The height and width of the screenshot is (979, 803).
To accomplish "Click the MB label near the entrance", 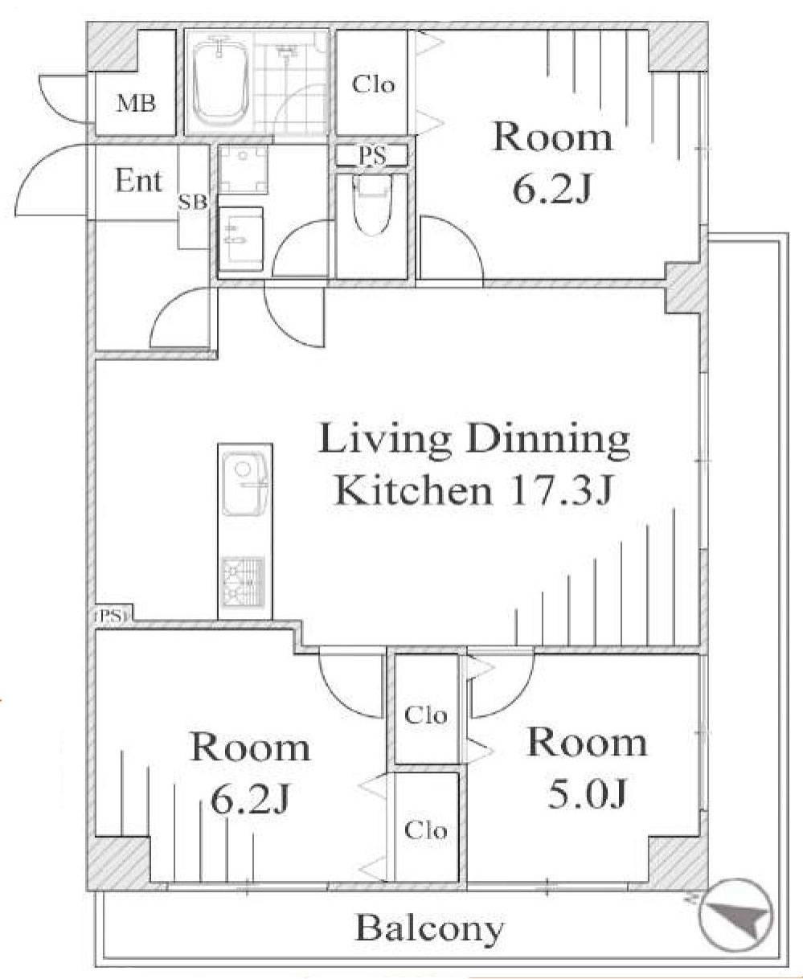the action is pos(136,103).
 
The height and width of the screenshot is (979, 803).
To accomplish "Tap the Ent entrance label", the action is pos(138,181).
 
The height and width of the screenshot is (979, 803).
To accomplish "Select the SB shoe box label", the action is pos(193,203).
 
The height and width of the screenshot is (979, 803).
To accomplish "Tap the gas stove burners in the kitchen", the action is pos(244,582).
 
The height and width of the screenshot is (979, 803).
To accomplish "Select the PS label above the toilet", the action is pos(372,156).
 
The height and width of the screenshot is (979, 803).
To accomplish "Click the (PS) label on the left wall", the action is pos(112,616).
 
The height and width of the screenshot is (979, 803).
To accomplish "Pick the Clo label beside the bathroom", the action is pos(373,85).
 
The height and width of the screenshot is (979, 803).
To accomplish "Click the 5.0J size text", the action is pos(587,793).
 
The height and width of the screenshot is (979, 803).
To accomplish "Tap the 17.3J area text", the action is pos(559,490).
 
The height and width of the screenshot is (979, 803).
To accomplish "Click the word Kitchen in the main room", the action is pos(412,490).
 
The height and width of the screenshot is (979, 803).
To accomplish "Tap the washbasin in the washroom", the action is pos(240,239).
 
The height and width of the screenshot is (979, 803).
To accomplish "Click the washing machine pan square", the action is pos(243,169).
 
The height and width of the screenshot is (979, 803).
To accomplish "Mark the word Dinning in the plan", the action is pos(548,440).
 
